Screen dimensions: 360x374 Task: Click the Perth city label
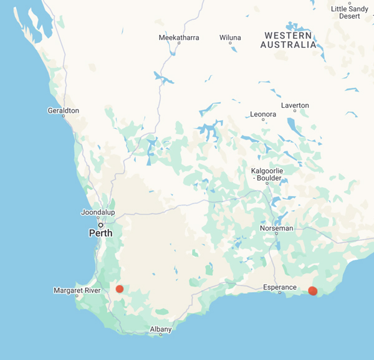click(100, 234)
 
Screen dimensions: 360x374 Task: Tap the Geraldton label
click(63, 110)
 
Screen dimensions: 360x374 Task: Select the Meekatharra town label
click(179, 38)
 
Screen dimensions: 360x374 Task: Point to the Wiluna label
click(230, 38)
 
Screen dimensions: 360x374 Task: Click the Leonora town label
click(262, 115)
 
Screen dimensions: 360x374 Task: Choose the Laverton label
click(295, 105)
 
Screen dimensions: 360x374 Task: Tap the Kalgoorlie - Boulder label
click(267, 174)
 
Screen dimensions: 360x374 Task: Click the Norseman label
click(276, 228)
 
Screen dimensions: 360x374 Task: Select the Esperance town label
click(279, 288)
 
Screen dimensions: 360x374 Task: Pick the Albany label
click(160, 329)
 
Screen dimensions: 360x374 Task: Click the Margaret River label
click(77, 290)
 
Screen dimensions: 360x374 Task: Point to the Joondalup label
click(98, 212)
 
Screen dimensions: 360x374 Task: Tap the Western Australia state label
click(288, 40)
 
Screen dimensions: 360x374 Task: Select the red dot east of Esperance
click(313, 291)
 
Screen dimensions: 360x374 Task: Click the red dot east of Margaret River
click(120, 289)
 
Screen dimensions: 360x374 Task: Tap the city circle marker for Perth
click(100, 225)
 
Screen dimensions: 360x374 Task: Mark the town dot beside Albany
click(161, 335)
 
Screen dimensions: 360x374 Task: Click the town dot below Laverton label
click(295, 111)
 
